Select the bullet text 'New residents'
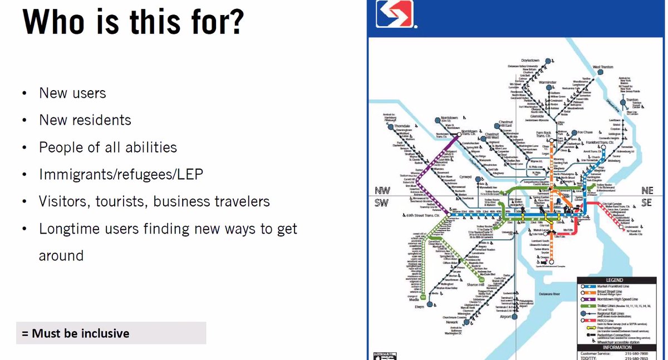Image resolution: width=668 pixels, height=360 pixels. click(x=85, y=120)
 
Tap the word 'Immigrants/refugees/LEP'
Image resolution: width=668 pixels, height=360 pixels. click(x=121, y=174)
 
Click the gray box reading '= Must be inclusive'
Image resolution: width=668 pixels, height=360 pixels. click(x=111, y=333)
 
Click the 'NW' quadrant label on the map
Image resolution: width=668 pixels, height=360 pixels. click(x=381, y=190)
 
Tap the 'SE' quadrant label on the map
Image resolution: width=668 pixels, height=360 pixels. click(x=645, y=203)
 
